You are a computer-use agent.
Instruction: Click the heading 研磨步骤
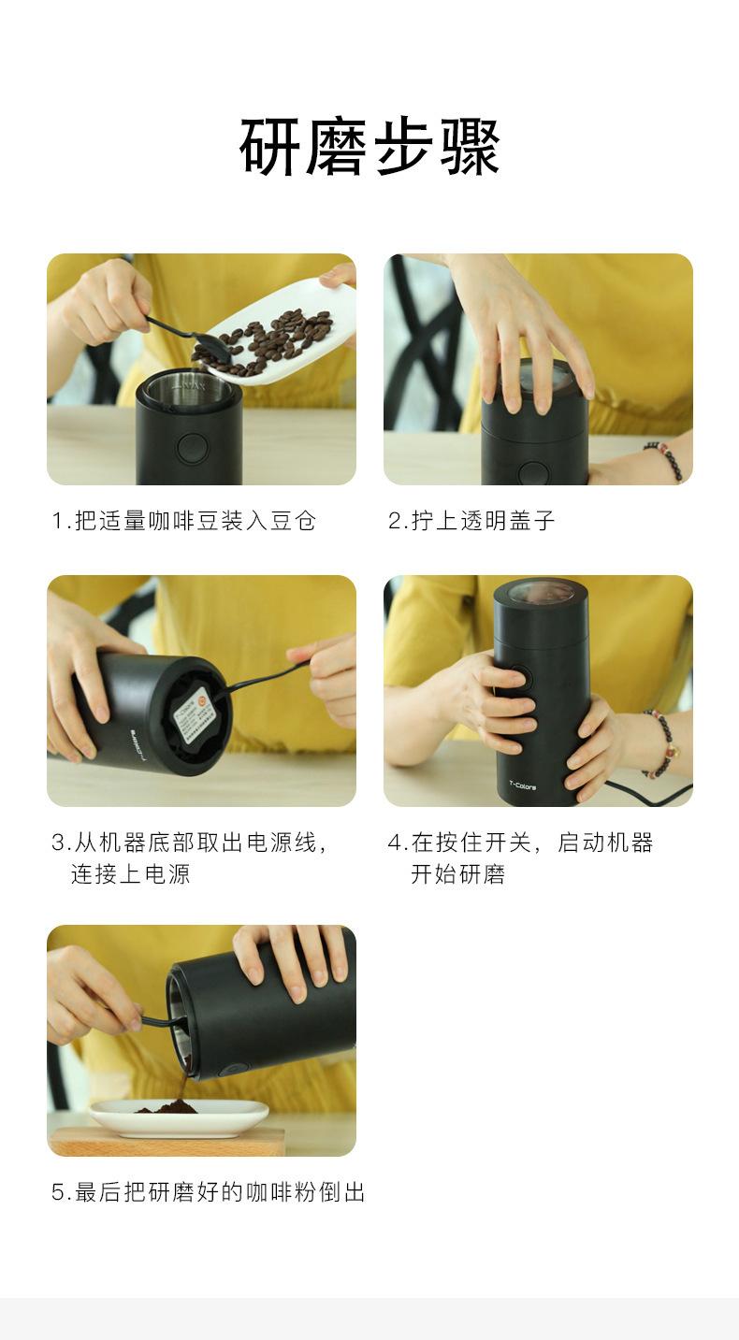pos(369,148)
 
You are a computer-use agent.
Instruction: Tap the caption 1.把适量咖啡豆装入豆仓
pos(183,521)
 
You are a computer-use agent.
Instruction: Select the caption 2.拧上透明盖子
pos(471,521)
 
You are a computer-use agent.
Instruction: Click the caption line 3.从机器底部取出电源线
pos(190,843)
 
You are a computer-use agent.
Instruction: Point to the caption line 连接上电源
pos(130,874)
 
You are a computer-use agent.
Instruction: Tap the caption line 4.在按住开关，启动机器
pos(520,843)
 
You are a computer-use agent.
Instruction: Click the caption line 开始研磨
pos(457,874)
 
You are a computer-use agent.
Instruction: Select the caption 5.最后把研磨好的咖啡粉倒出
pos(208,1192)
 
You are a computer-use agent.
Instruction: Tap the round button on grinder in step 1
pos(191,446)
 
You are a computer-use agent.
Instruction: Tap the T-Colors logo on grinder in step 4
pos(522,786)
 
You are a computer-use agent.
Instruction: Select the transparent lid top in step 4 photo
pos(540,593)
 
